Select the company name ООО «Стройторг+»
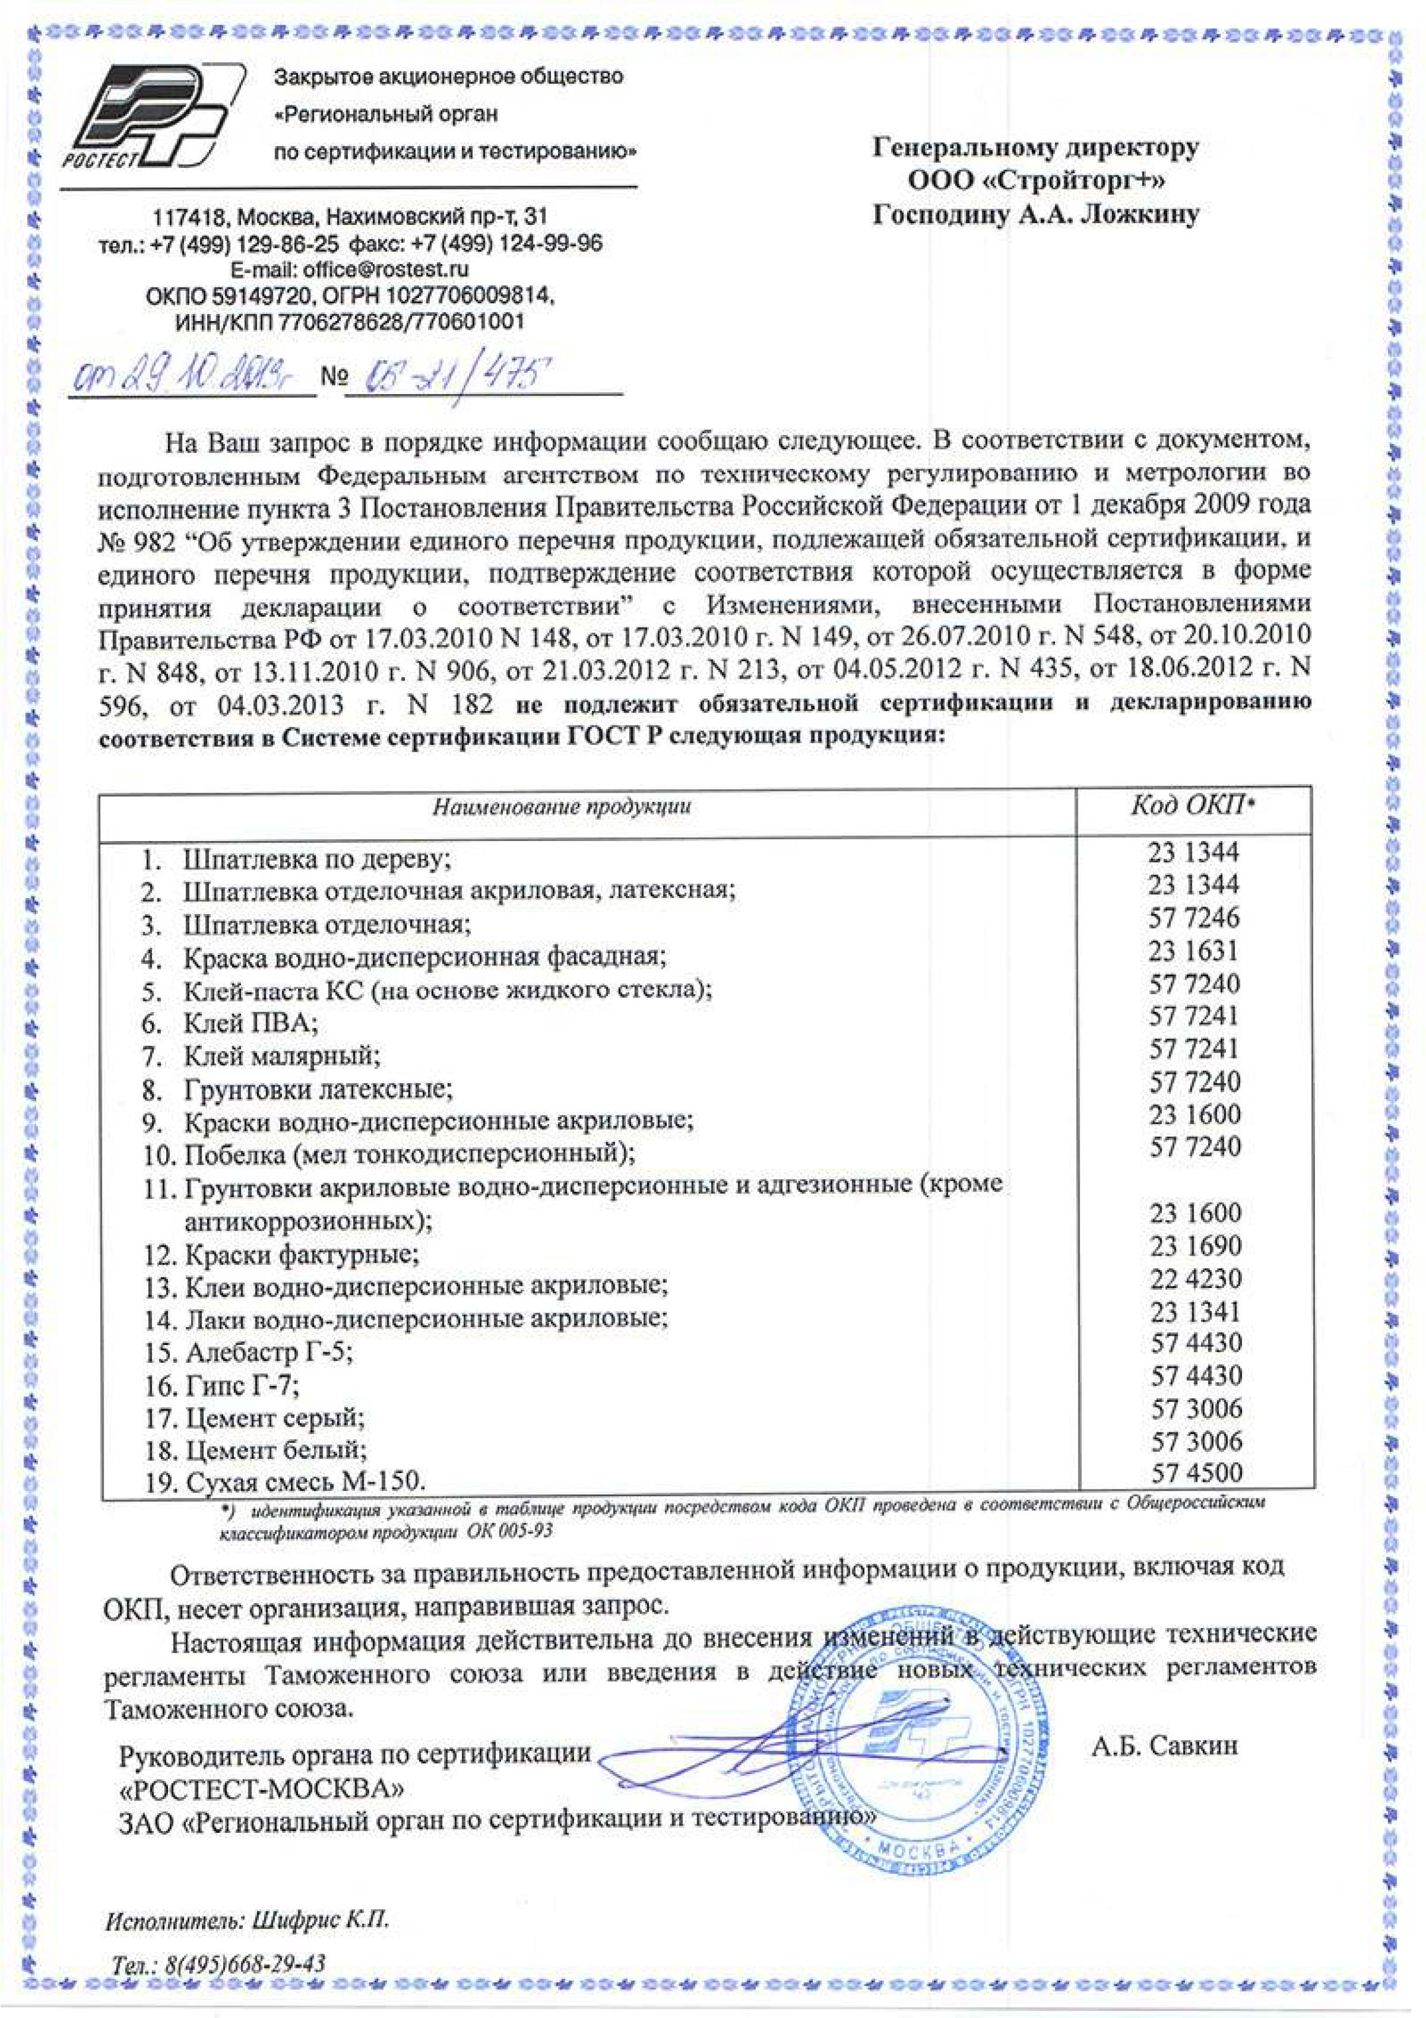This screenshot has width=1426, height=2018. point(1036,181)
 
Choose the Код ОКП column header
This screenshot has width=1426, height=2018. point(1192,805)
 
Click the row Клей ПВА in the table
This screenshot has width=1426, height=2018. point(250,1023)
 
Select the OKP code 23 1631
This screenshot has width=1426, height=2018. point(1193,950)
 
